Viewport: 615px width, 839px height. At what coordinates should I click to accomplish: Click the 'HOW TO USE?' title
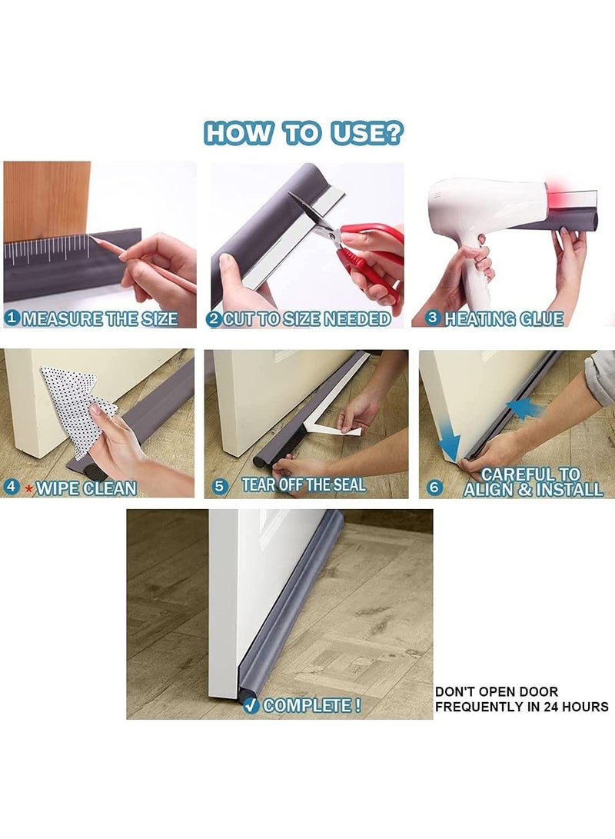pos(304,133)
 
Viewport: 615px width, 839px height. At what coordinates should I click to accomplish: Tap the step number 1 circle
pos(12,318)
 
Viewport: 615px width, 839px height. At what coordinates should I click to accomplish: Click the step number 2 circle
pos(214,318)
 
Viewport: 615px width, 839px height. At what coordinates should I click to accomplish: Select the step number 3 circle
pos(433,318)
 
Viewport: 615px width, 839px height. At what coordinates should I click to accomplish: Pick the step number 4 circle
pos(11,487)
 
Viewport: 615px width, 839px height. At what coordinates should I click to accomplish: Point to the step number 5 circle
pos(221,485)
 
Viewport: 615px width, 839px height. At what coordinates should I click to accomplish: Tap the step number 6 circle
pos(434,487)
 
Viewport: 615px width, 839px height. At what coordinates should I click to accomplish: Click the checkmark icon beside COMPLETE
pos(251,705)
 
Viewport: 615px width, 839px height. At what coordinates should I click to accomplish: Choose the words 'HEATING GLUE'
pos(504,318)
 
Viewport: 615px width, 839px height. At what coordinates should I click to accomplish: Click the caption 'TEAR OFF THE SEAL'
pos(304,484)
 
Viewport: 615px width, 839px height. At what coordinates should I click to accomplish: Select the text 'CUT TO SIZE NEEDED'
pos(306,318)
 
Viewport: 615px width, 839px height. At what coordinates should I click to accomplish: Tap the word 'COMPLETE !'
pos(312,705)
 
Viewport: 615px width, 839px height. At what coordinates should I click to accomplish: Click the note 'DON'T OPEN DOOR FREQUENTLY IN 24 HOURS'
pos(521,699)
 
